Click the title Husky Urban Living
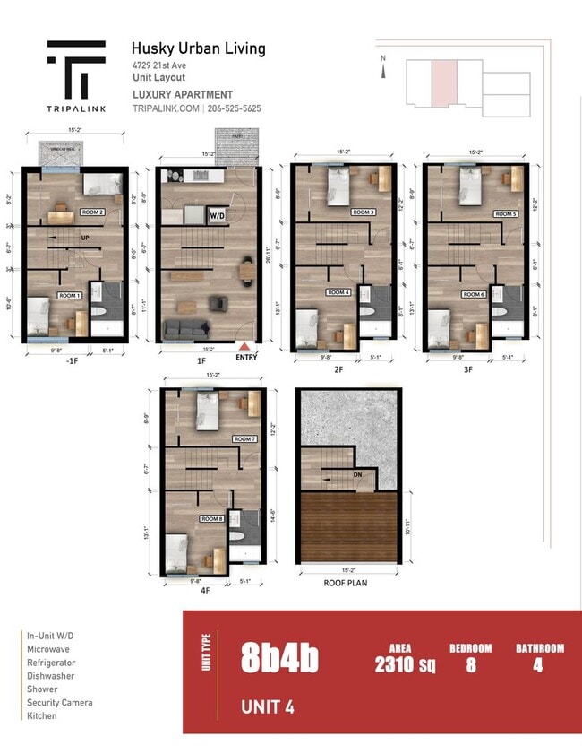click(198, 48)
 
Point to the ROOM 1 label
click(69, 295)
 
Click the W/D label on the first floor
click(218, 216)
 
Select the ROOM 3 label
click(363, 212)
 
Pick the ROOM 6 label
click(474, 294)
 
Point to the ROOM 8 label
click(211, 518)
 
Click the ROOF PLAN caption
click(346, 582)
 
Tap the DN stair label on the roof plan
click(357, 475)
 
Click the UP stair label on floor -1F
click(85, 238)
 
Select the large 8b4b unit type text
click(278, 659)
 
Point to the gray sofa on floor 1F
click(185, 329)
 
